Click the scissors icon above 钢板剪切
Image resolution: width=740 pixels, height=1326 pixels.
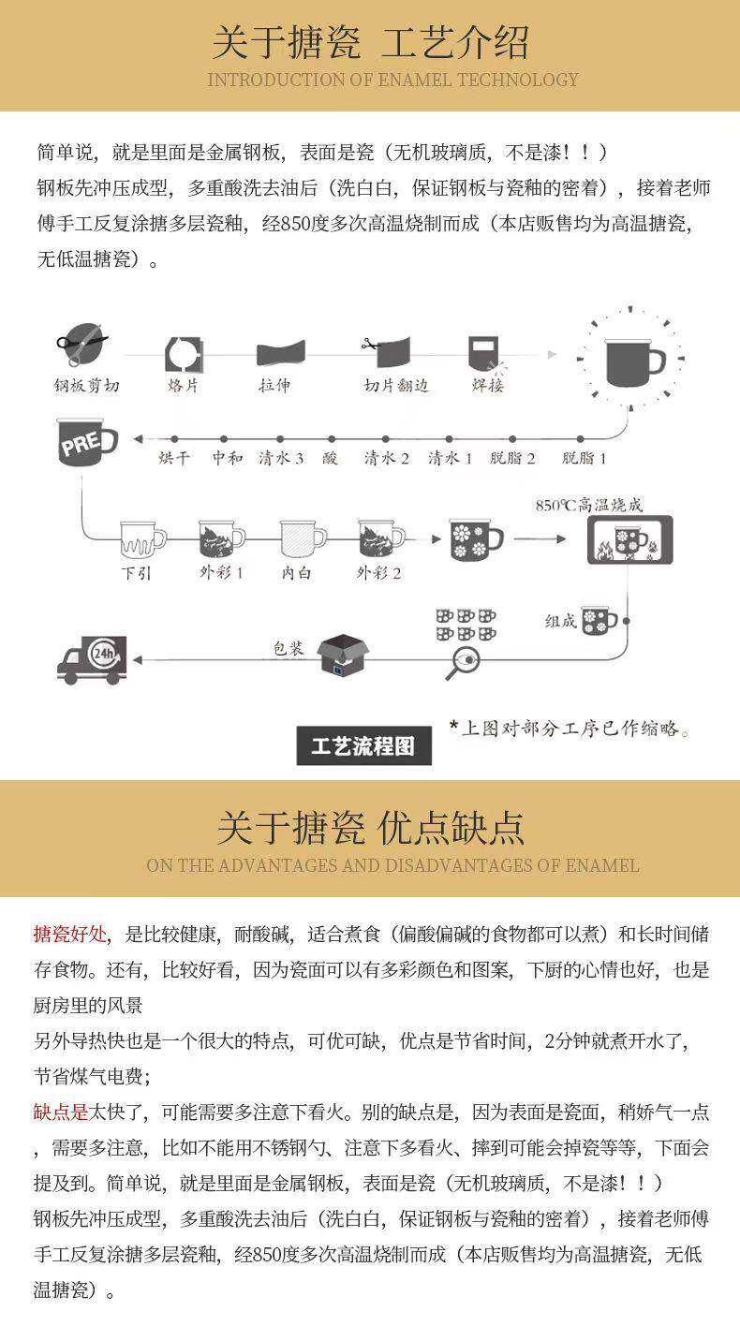click(x=81, y=344)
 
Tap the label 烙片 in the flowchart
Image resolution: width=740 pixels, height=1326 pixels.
click(x=183, y=385)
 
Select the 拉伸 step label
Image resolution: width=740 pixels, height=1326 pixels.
click(x=274, y=385)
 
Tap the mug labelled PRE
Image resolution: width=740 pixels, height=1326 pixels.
click(x=86, y=443)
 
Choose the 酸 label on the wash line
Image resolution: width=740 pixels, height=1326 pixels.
click(x=330, y=458)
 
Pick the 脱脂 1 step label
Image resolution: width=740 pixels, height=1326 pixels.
click(x=584, y=458)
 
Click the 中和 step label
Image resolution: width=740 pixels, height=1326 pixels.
click(x=227, y=458)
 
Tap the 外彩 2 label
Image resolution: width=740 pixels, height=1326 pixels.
click(x=378, y=572)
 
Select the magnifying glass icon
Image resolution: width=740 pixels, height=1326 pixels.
click(x=463, y=662)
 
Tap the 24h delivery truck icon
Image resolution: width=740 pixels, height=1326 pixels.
click(x=91, y=658)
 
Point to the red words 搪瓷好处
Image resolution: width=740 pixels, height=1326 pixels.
click(x=70, y=934)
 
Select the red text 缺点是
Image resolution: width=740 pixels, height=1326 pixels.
click(x=61, y=1112)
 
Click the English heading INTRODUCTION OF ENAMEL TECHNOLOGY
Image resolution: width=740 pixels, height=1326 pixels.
click(x=392, y=80)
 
